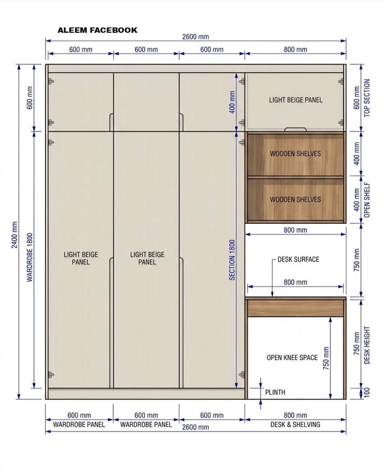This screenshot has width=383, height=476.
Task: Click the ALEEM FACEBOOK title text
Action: [x=97, y=30]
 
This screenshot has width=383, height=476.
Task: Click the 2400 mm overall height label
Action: [x=14, y=235]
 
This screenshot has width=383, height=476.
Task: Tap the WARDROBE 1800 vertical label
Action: [x=30, y=257]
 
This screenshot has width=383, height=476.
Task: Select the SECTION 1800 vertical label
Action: [x=232, y=260]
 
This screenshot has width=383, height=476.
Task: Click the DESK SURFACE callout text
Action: [x=298, y=259]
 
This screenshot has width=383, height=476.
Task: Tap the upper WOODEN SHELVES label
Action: [x=295, y=154]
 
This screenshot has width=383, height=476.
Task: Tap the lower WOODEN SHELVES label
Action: [x=295, y=199]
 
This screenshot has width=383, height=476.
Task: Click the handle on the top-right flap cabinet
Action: [x=295, y=129]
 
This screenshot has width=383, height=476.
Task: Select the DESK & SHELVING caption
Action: [x=295, y=425]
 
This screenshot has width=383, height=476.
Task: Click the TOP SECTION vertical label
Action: [x=367, y=98]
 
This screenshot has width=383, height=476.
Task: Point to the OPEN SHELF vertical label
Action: [x=367, y=200]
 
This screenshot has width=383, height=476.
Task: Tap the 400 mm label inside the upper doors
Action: [x=232, y=102]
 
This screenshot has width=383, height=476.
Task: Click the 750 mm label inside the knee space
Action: [x=326, y=358]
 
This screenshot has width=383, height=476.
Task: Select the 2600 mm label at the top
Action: [x=196, y=37]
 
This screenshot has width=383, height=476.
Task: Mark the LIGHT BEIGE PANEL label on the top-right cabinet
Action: [x=296, y=100]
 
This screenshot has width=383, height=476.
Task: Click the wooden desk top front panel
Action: [x=295, y=308]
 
